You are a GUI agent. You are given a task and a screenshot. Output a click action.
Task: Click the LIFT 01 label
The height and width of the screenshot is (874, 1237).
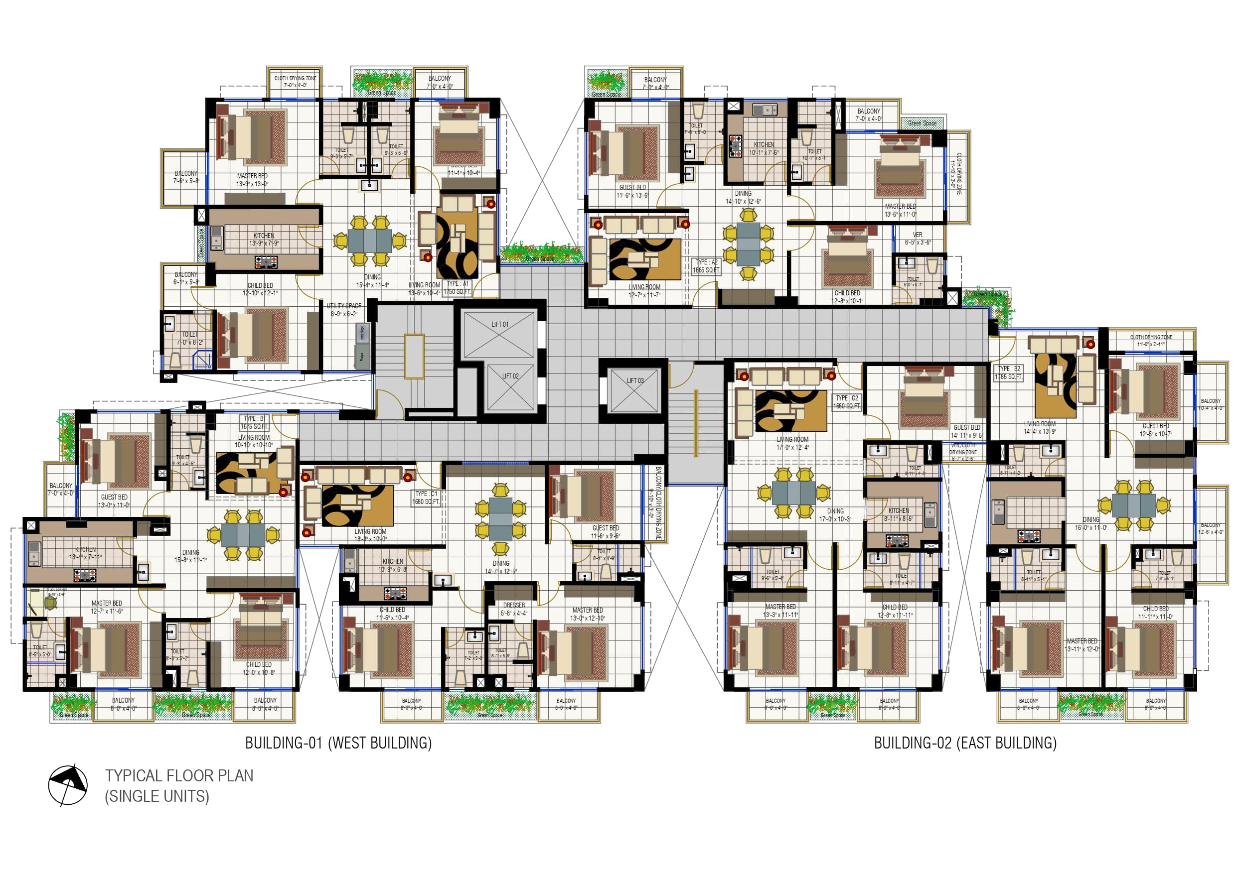[499, 324]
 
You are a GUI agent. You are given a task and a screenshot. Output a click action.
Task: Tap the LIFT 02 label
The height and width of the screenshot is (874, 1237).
[510, 376]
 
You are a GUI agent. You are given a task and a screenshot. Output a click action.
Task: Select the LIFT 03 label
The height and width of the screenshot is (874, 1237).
[634, 380]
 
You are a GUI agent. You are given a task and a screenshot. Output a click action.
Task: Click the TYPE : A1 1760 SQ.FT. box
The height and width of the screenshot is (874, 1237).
[457, 287]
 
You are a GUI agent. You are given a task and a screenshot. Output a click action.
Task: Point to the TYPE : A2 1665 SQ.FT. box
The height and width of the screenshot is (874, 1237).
[706, 266]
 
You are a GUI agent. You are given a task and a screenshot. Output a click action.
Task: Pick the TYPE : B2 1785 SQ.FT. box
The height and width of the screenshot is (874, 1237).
[1009, 373]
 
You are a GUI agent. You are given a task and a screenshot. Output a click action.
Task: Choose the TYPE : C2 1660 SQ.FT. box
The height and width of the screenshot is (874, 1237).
[847, 402]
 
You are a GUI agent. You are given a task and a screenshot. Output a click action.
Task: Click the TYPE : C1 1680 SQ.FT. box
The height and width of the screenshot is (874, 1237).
[426, 497]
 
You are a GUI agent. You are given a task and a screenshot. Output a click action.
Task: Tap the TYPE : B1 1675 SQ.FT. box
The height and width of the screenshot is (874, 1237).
[254, 422]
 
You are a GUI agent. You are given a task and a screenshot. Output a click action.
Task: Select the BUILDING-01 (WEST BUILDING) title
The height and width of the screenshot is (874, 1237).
[338, 743]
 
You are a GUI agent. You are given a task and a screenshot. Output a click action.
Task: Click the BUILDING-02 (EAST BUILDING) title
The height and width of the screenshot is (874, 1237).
[965, 743]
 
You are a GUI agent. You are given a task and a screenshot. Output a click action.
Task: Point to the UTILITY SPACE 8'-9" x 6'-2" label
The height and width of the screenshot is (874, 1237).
[344, 310]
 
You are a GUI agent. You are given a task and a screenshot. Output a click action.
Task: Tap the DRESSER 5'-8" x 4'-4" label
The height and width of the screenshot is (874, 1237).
[514, 609]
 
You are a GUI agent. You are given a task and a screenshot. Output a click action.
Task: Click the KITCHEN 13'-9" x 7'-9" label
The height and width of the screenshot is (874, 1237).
[264, 239]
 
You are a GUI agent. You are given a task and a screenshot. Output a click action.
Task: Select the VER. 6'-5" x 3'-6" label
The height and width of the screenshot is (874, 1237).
[918, 239]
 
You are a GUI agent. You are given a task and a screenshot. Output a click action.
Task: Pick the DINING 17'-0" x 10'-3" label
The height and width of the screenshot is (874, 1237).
[835, 515]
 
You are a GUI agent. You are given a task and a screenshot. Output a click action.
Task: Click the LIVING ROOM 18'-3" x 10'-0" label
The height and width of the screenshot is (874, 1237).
[370, 535]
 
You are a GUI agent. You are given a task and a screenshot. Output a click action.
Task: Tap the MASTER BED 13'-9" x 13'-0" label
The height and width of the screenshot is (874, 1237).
[252, 180]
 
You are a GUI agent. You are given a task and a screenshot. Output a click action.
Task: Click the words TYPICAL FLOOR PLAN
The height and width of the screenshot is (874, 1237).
[179, 775]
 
